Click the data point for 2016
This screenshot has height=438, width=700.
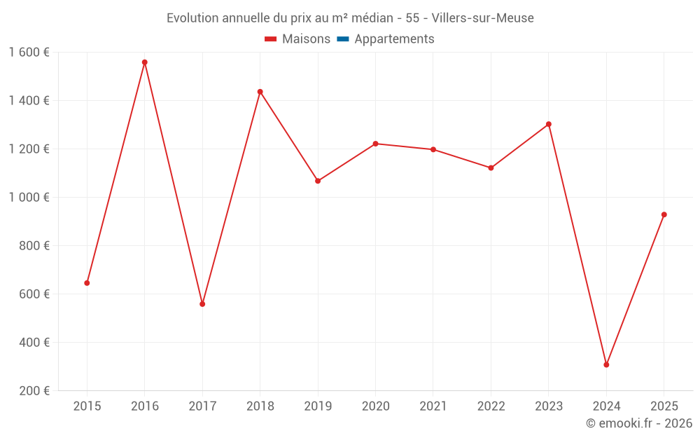coord(145,62)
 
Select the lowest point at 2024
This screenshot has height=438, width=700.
coord(606,364)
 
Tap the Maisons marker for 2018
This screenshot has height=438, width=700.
coord(260,92)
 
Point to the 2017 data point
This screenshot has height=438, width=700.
coord(202,304)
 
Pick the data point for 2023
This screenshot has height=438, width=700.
coord(549,124)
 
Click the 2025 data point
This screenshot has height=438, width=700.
coord(664,214)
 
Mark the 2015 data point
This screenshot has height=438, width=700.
coord(87,283)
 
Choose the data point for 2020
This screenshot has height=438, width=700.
coord(375,144)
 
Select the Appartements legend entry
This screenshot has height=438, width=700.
coord(394,39)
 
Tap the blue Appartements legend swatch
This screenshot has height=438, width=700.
coord(343,39)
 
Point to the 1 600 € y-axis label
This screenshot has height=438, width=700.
coord(29,53)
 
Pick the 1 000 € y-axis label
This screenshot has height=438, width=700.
coord(29,198)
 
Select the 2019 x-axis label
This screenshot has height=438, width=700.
coord(318,406)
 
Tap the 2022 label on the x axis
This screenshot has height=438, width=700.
coord(491,406)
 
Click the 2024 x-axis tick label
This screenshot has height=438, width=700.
coord(606,406)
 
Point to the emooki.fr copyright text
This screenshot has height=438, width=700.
coord(639,423)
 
